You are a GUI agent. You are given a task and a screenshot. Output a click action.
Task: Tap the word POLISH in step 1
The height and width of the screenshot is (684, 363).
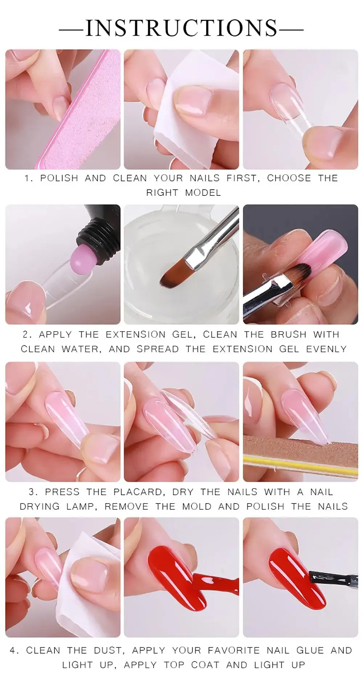point(59,178)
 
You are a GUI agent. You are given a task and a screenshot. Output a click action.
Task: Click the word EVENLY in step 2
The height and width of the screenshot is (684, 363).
point(326,349)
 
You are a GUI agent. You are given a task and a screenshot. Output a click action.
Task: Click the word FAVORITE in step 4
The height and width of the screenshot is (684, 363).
point(234,650)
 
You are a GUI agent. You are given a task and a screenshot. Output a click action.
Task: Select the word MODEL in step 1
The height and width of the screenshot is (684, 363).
point(203,193)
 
